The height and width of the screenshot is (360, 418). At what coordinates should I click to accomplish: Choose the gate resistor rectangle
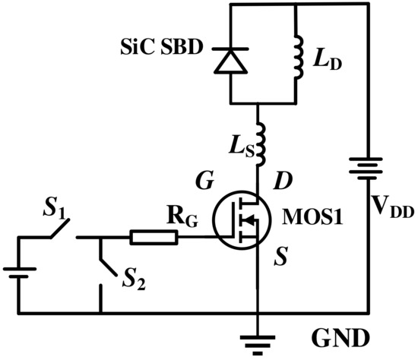coord(154,237)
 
